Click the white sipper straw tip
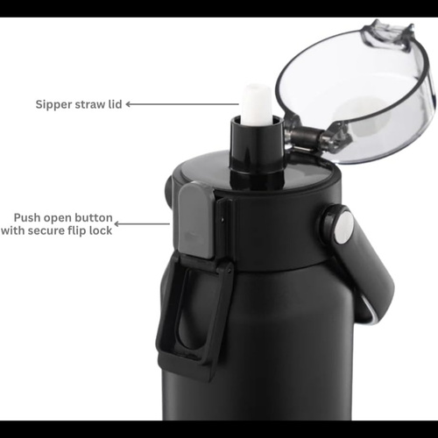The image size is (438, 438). (x=257, y=102)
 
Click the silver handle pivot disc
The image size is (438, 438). (x=344, y=227)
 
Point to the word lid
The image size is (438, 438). (x=115, y=104)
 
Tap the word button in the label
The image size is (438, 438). (x=94, y=217)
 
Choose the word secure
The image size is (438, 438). (x=46, y=230)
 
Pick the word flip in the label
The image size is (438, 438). (x=77, y=231)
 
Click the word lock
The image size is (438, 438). (x=101, y=230)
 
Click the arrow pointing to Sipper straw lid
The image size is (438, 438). (x=182, y=104)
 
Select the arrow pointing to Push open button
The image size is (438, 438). (x=142, y=224)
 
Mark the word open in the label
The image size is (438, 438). (x=58, y=218)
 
